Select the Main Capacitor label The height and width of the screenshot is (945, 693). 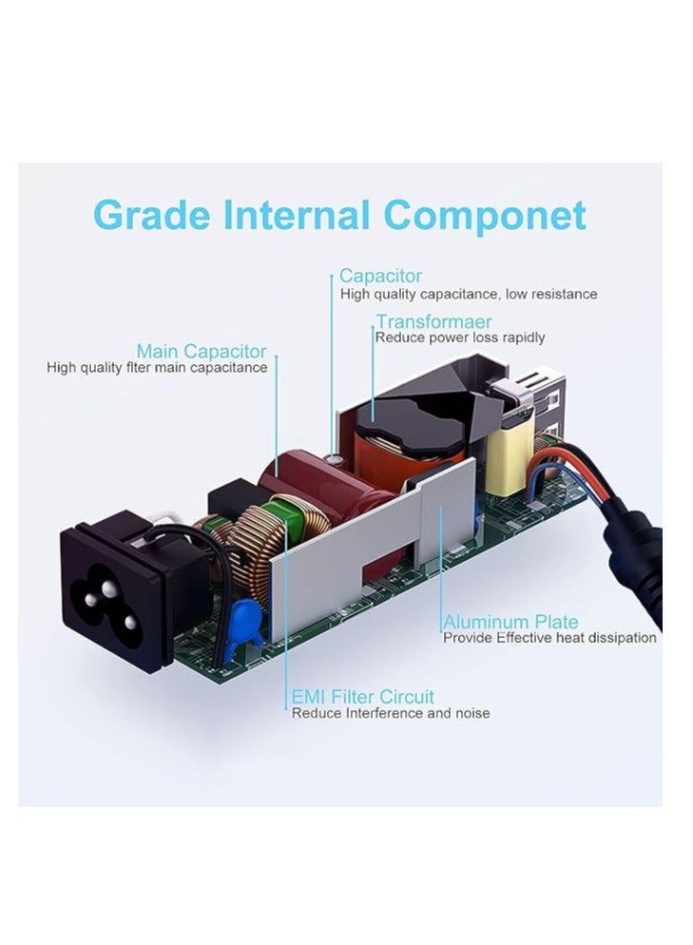coord(202,351)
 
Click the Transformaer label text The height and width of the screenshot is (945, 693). coord(433,321)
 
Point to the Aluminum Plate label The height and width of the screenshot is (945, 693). coord(510,622)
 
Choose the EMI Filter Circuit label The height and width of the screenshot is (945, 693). coord(362,696)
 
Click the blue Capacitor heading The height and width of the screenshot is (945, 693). coord(380,276)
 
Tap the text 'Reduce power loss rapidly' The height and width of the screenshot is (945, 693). coord(460,337)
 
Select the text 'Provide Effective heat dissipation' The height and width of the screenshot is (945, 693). coord(549,638)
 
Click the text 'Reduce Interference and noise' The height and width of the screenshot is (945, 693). coord(391,713)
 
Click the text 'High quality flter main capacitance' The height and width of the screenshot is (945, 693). coord(157,367)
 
